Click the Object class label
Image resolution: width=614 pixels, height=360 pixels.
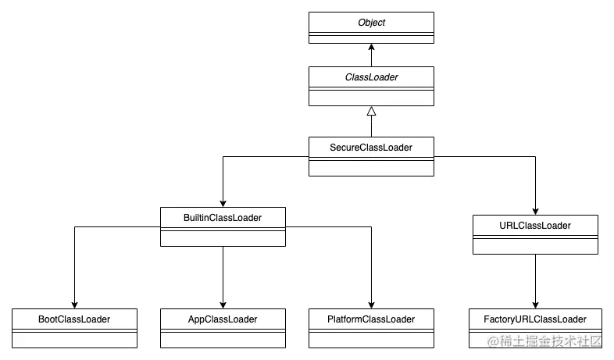[x=371, y=23]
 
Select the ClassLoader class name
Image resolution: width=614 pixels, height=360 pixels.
[x=371, y=77]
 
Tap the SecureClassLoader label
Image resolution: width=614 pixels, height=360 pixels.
[x=371, y=147]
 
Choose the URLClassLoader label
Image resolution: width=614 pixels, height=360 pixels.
[x=535, y=226]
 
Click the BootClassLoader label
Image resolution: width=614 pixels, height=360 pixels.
[x=74, y=319]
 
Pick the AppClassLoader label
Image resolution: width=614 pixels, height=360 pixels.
[x=223, y=319]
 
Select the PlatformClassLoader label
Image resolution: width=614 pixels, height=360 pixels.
[x=371, y=319]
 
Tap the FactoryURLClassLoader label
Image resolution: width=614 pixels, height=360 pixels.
[x=535, y=319]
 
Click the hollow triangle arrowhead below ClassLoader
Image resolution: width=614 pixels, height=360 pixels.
[x=371, y=112]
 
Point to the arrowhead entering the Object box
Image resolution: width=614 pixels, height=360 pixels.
[x=371, y=48]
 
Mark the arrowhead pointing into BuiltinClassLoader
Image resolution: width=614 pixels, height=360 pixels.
[x=223, y=202]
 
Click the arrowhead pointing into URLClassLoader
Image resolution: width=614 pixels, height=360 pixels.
[x=535, y=210]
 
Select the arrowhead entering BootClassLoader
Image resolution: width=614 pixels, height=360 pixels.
[x=74, y=304]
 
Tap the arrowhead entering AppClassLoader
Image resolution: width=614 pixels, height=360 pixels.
[x=223, y=304]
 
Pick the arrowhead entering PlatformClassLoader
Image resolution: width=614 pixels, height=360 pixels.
[x=371, y=304]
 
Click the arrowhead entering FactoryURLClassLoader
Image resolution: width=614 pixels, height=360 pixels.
[x=535, y=304]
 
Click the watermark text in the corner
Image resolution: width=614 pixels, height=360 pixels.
[x=544, y=342]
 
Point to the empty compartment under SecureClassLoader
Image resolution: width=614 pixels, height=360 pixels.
[x=371, y=168]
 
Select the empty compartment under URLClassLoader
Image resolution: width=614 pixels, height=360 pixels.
[x=535, y=246]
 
